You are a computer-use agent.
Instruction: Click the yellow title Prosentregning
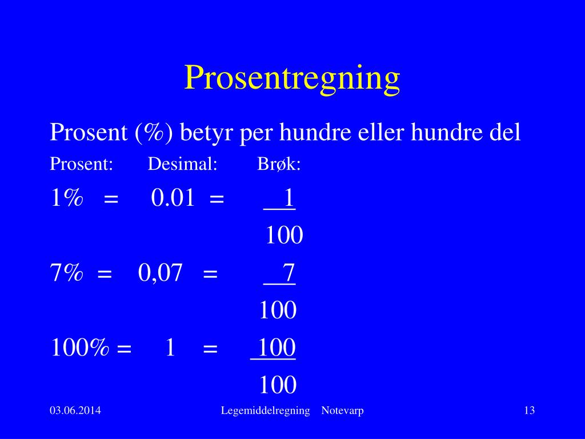292,78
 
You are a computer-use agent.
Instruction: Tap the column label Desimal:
182,165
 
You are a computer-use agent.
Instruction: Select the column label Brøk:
279,165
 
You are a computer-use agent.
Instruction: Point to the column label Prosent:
81,165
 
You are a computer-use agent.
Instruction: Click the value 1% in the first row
67,198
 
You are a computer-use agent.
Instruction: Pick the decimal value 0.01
173,198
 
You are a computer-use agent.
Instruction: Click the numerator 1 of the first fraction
289,198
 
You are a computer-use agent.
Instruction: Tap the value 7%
67,273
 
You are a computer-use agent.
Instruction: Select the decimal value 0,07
160,273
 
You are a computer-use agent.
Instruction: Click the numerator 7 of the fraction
289,273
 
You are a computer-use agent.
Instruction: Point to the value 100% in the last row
80,348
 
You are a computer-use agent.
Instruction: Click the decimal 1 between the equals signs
170,348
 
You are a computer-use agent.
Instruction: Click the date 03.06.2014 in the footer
75,410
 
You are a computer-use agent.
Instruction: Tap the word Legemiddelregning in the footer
265,410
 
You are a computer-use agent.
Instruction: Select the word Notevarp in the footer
342,410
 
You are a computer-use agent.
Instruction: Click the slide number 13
529,410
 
